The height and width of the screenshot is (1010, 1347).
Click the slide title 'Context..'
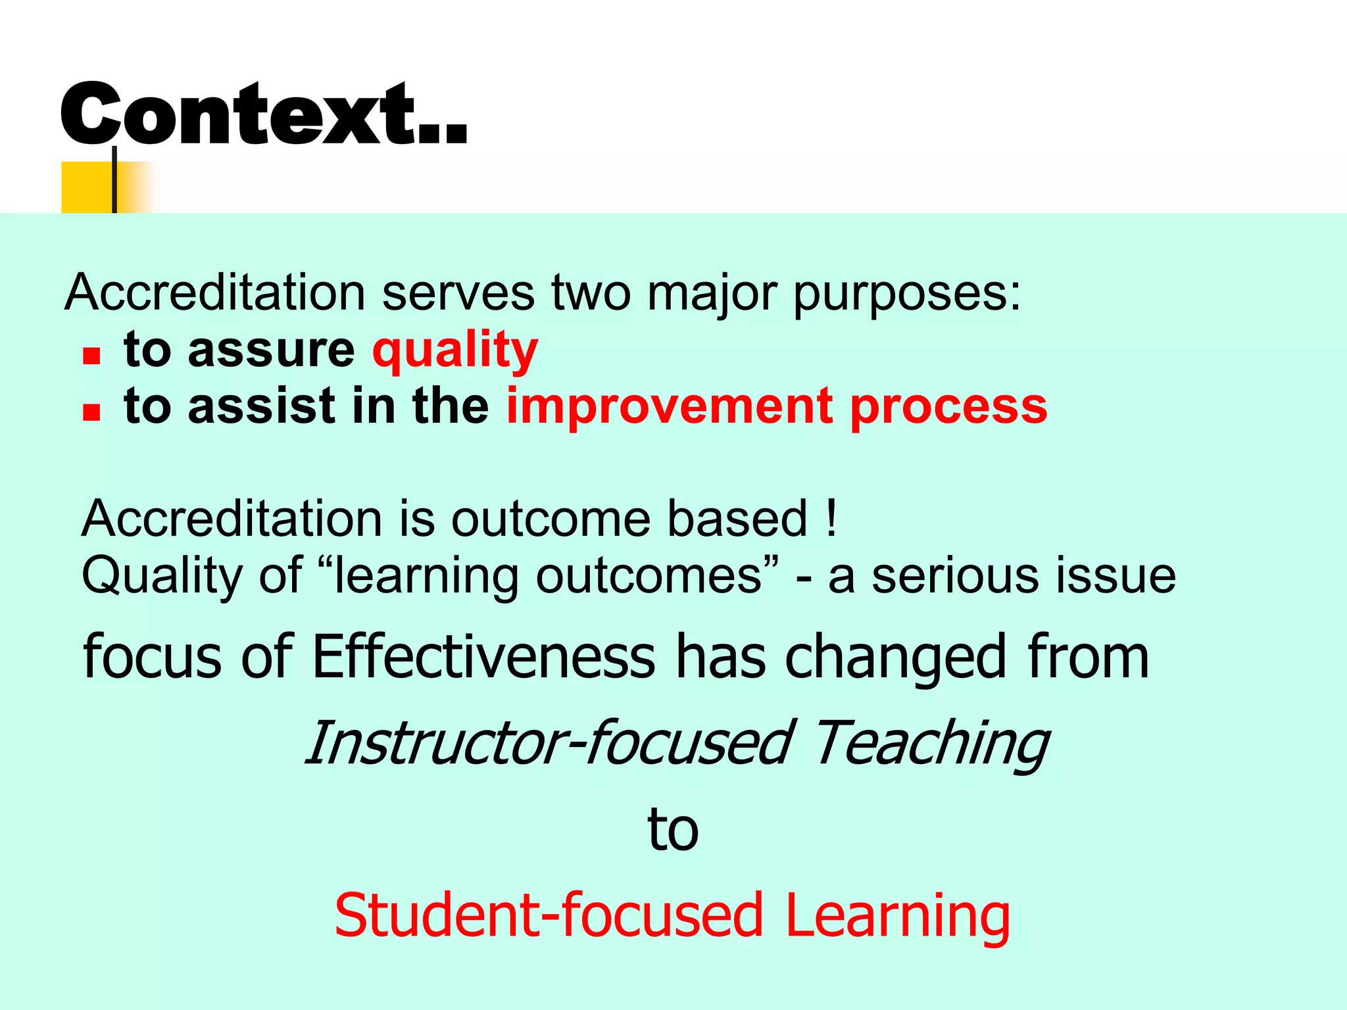pyautogui.click(x=263, y=113)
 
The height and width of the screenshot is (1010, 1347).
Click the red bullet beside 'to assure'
pyautogui.click(x=91, y=356)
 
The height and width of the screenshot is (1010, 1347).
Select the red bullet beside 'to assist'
pyautogui.click(x=91, y=412)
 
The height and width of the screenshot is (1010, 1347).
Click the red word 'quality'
pyautogui.click(x=454, y=350)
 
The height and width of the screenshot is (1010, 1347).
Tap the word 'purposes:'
pyautogui.click(x=907, y=293)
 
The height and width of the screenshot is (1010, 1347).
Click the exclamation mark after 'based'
pyautogui.click(x=831, y=518)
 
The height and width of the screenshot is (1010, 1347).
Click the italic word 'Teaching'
pyautogui.click(x=931, y=744)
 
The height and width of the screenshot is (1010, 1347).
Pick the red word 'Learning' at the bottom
pyautogui.click(x=897, y=915)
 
